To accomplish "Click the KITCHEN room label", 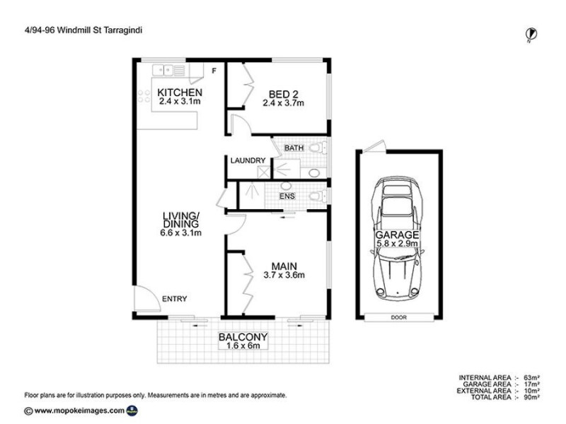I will pos(180,93).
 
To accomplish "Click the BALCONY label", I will pos(243,337).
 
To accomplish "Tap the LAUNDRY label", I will pos(248,161).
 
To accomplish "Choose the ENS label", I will pos(287,196).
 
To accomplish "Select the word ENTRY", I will pos(175,299).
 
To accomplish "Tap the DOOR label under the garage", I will pos(399,317).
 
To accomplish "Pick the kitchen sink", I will pos(170,70).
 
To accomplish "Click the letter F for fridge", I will pos(213,71).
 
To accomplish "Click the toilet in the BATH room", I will pos(320,148).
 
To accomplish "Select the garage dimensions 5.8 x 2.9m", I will pos(399,244).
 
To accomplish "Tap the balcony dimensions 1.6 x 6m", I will pos(243,346).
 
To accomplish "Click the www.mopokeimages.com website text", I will pos(79,411).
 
